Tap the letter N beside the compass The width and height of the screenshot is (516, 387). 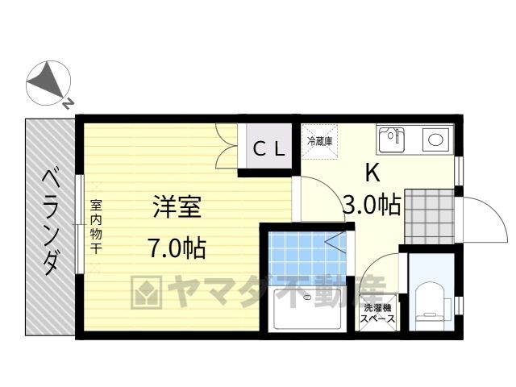click(68, 104)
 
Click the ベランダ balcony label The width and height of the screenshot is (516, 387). click(51, 222)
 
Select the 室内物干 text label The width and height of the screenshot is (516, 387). click(96, 227)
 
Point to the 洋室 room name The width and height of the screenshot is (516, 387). click(177, 206)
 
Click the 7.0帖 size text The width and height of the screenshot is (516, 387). click(177, 248)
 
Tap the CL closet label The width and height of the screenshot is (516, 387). click(268, 148)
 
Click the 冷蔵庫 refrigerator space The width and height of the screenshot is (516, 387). click(319, 142)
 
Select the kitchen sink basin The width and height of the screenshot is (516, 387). click(391, 139)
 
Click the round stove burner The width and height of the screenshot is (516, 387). click(435, 139)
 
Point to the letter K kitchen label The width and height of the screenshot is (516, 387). click(372, 172)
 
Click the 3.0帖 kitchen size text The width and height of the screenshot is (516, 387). click(372, 205)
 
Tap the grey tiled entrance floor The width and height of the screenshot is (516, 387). click(429, 216)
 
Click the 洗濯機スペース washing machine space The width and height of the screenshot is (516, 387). click(377, 313)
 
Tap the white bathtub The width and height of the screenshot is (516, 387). click(306, 308)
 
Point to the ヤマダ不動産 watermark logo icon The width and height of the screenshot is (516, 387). click(147, 292)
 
